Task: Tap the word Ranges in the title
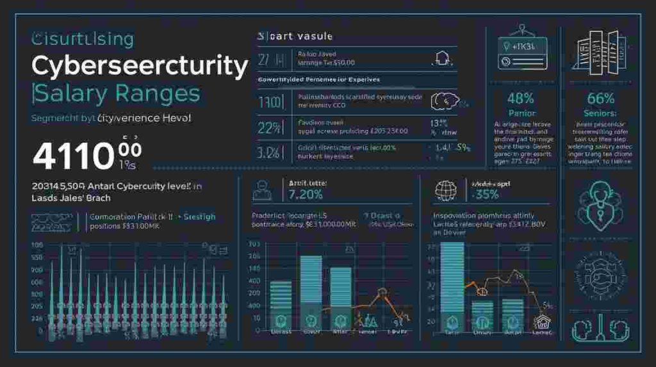[x=158, y=94]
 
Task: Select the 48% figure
[x=520, y=99]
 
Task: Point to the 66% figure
[x=600, y=99]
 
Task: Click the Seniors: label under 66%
[x=600, y=113]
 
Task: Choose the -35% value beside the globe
[x=485, y=195]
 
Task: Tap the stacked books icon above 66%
[x=599, y=49]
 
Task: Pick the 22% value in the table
[x=269, y=127]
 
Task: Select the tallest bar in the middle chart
[x=311, y=291]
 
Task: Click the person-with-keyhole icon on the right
[x=600, y=204]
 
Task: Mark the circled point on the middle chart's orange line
[x=382, y=292]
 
